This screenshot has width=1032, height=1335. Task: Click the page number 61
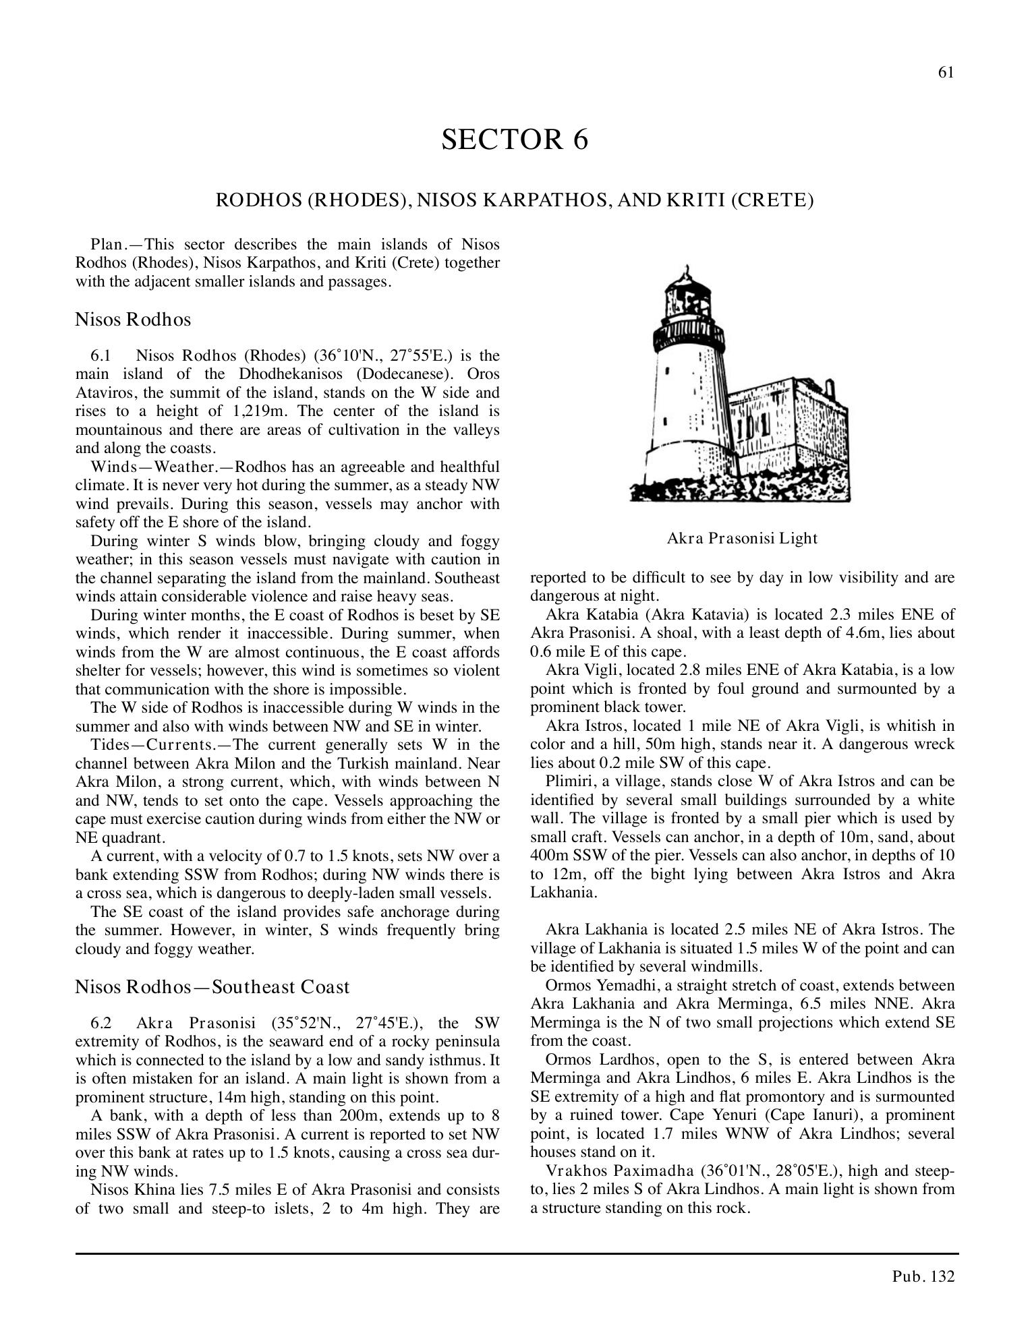pos(946,73)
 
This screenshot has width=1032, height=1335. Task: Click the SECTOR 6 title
pos(515,139)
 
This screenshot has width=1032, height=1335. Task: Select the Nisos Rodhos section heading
pos(133,319)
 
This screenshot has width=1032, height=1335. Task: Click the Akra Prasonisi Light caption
pos(742,538)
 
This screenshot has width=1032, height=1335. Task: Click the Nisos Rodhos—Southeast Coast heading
pos(212,987)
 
